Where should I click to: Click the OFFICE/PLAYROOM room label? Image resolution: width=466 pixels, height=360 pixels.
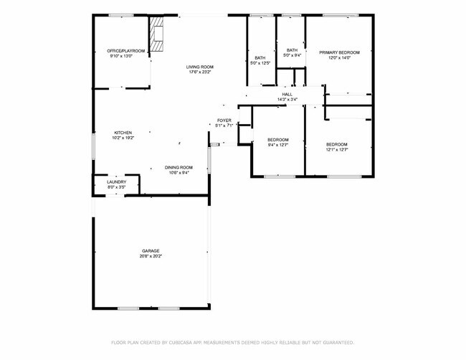126,51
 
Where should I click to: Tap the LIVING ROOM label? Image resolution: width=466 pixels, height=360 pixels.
201,67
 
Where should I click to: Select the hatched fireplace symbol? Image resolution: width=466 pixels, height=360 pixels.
157,34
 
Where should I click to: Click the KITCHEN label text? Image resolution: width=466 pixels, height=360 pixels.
123,133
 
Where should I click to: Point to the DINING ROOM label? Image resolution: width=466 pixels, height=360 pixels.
179,166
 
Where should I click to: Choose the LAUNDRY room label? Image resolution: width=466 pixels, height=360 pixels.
116,182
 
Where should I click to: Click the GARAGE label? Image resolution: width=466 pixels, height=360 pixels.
151,251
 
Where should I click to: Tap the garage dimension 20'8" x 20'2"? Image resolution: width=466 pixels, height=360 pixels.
151,256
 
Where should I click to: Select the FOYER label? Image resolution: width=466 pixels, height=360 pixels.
224,120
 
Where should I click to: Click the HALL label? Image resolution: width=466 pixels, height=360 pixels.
287,94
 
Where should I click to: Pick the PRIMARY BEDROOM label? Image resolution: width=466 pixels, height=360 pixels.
339,52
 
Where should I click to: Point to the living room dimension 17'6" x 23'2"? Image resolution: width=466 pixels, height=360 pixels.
201,72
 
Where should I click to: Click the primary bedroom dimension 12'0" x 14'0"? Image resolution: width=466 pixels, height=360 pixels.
339,57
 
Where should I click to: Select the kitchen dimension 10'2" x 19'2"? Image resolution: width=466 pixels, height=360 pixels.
123,138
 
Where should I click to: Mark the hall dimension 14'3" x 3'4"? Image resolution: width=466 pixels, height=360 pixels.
287,99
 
